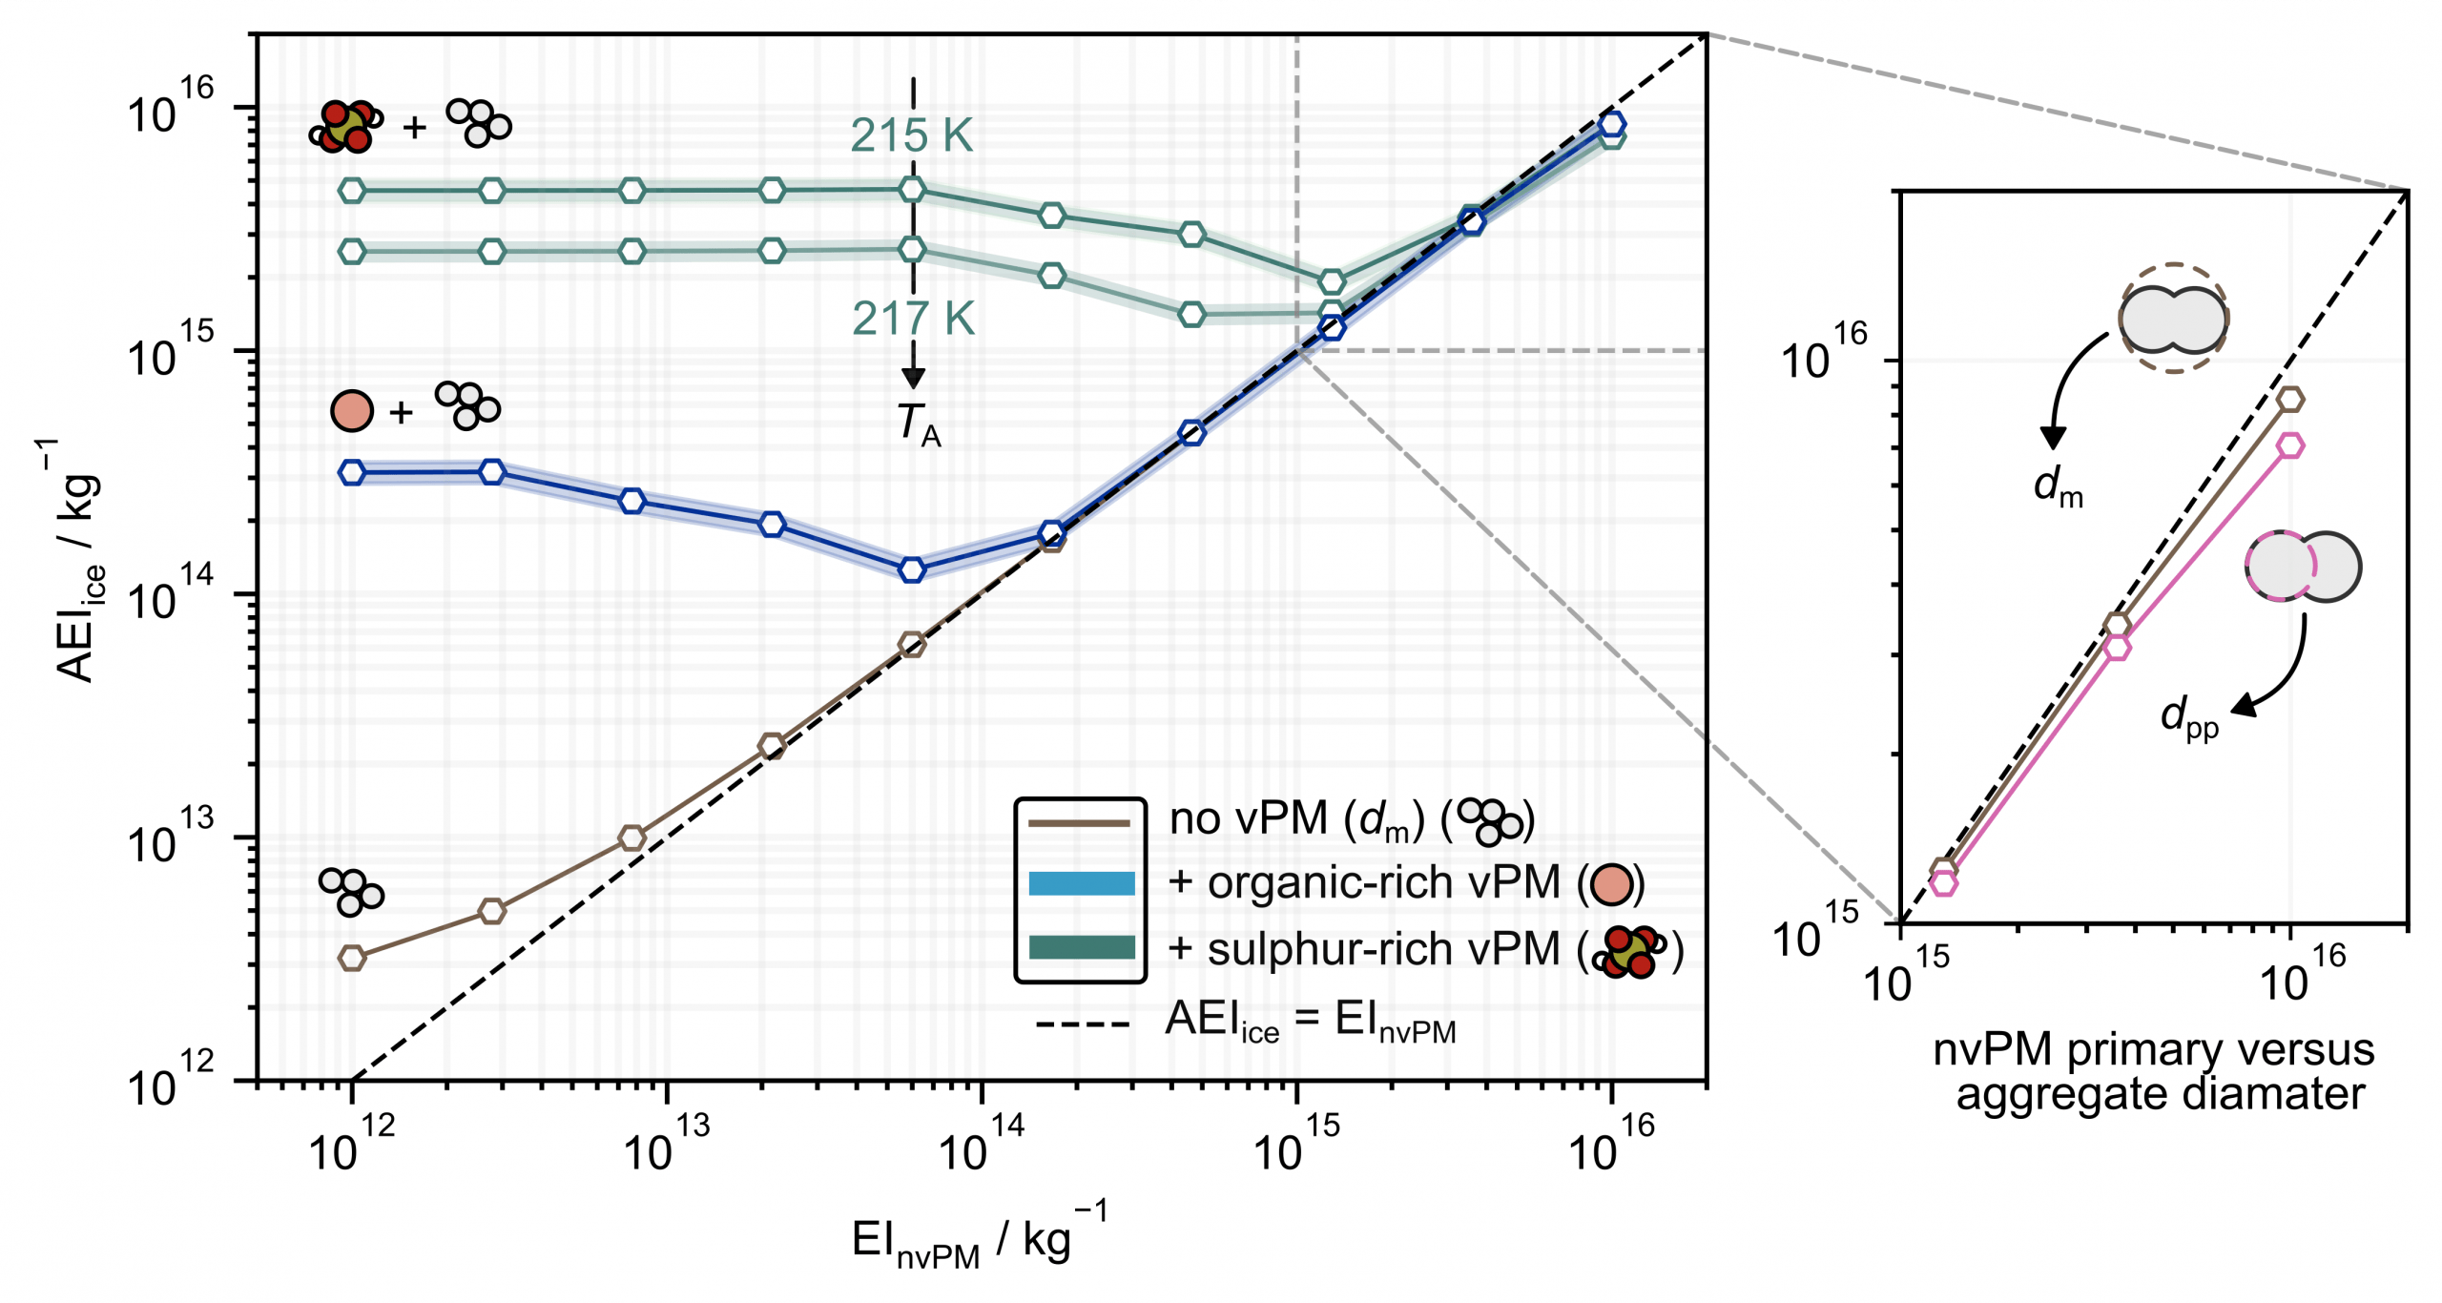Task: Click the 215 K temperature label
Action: (x=911, y=136)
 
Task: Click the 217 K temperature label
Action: (x=913, y=319)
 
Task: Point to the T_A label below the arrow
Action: (x=918, y=424)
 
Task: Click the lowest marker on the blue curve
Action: (x=913, y=569)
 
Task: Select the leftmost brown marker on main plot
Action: (x=352, y=958)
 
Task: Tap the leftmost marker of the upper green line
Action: (x=352, y=191)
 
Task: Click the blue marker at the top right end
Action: (x=1612, y=124)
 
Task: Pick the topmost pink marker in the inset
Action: (x=2290, y=445)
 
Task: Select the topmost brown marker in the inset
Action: (x=2290, y=400)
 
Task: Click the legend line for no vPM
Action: (x=1081, y=822)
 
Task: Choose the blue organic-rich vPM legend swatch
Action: (x=1081, y=883)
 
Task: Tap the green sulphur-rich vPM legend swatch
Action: (x=1081, y=947)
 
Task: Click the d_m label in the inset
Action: (x=2058, y=486)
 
